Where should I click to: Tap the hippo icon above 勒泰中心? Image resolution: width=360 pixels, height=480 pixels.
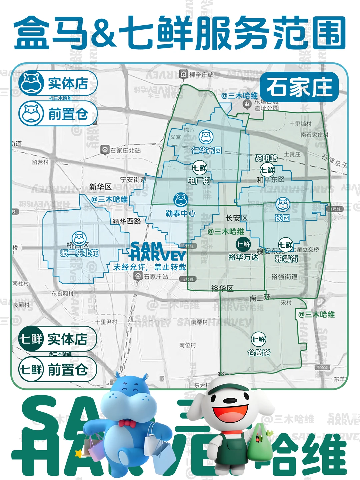pos(181,200)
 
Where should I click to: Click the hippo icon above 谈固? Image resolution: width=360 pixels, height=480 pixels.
pos(283,204)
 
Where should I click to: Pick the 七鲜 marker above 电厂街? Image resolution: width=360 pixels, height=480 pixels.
pos(199,168)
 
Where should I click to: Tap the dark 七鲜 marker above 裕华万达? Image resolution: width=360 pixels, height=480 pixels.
pos(243,245)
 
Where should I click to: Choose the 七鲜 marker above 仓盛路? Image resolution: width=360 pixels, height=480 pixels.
pos(259,339)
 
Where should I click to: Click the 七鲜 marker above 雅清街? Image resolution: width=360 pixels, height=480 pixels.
pos(286,245)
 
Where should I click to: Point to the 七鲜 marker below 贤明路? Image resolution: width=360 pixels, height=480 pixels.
pos(267,170)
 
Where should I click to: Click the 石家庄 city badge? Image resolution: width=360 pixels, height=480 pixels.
pos(299,87)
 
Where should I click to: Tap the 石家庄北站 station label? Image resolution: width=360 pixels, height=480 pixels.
pos(122,150)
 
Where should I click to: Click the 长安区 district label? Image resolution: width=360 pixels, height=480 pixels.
pos(236,218)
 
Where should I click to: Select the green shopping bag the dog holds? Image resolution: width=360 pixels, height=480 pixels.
pos(259,445)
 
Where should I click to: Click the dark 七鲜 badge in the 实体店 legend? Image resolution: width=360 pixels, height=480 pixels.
pos(31,339)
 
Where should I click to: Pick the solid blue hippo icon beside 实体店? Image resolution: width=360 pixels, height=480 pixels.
pos(31,83)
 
